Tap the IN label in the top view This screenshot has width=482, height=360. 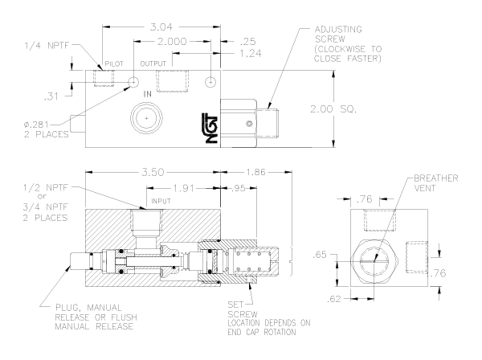coord(148,94)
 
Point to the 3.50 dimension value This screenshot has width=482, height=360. coord(156,172)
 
